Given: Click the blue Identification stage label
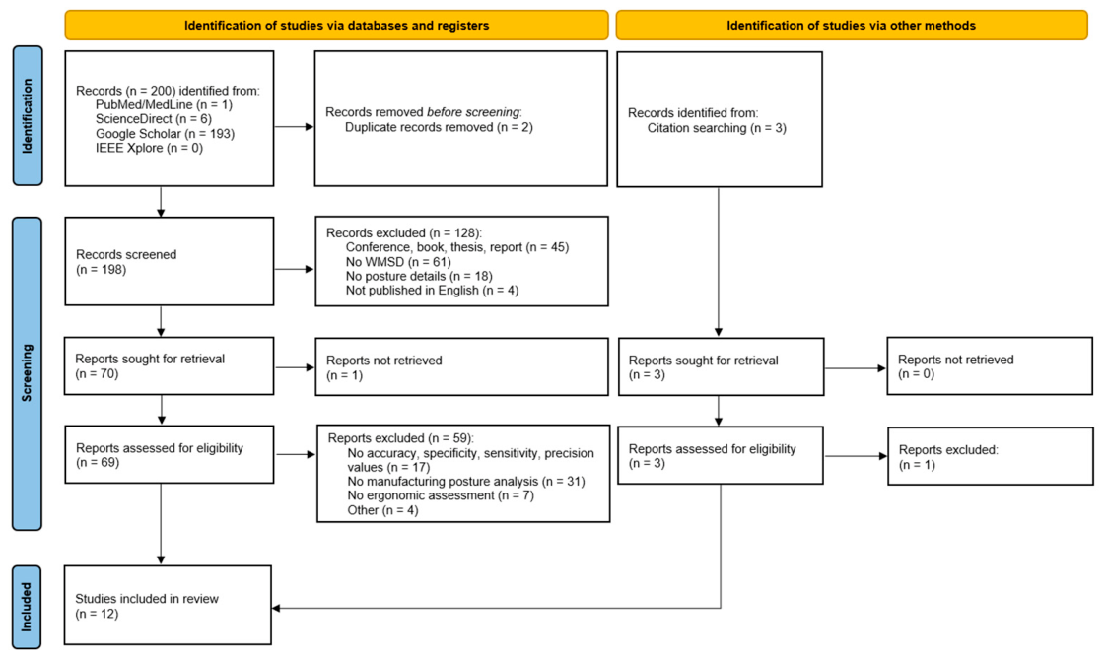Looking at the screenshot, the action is click(x=28, y=115).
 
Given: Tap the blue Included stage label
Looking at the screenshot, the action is click(x=26, y=607).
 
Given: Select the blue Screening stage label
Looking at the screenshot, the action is click(x=27, y=373).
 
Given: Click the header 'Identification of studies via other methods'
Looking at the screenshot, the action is click(x=852, y=26).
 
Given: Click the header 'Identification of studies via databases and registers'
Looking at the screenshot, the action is click(x=336, y=26).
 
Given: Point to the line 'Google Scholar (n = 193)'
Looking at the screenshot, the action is click(x=165, y=133).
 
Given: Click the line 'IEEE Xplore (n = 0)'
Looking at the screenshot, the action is click(x=149, y=148).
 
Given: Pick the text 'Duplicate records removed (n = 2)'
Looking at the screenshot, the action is click(x=439, y=128).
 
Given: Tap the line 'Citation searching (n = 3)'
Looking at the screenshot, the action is click(x=717, y=128).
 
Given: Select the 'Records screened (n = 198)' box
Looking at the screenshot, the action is click(x=170, y=261).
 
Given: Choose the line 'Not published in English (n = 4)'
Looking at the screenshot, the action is click(x=432, y=291).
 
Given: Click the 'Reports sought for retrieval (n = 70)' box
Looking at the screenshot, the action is click(x=170, y=365).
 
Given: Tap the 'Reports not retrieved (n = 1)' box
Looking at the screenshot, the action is click(x=461, y=366).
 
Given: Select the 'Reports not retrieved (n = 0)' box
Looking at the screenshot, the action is click(x=990, y=365).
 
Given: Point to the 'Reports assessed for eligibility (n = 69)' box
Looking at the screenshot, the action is click(x=170, y=455).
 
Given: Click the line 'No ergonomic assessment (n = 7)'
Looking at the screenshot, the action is click(x=441, y=495).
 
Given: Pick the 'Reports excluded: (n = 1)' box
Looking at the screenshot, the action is click(x=991, y=456).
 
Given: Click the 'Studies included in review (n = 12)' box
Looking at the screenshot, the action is click(x=168, y=605).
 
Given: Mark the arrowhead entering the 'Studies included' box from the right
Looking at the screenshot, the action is click(x=276, y=608).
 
